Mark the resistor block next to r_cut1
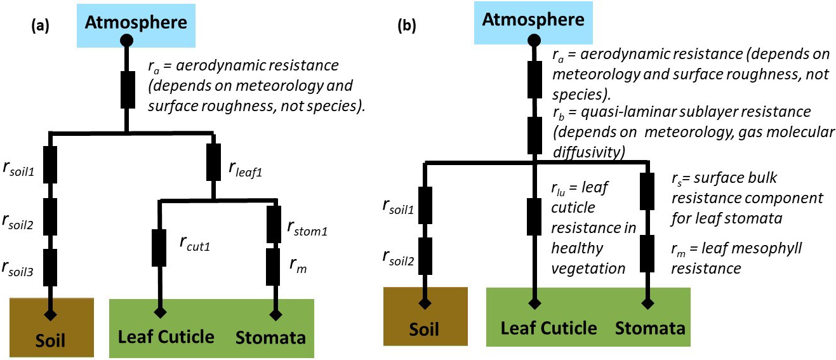tap(159, 248)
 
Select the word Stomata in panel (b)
tap(650, 328)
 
